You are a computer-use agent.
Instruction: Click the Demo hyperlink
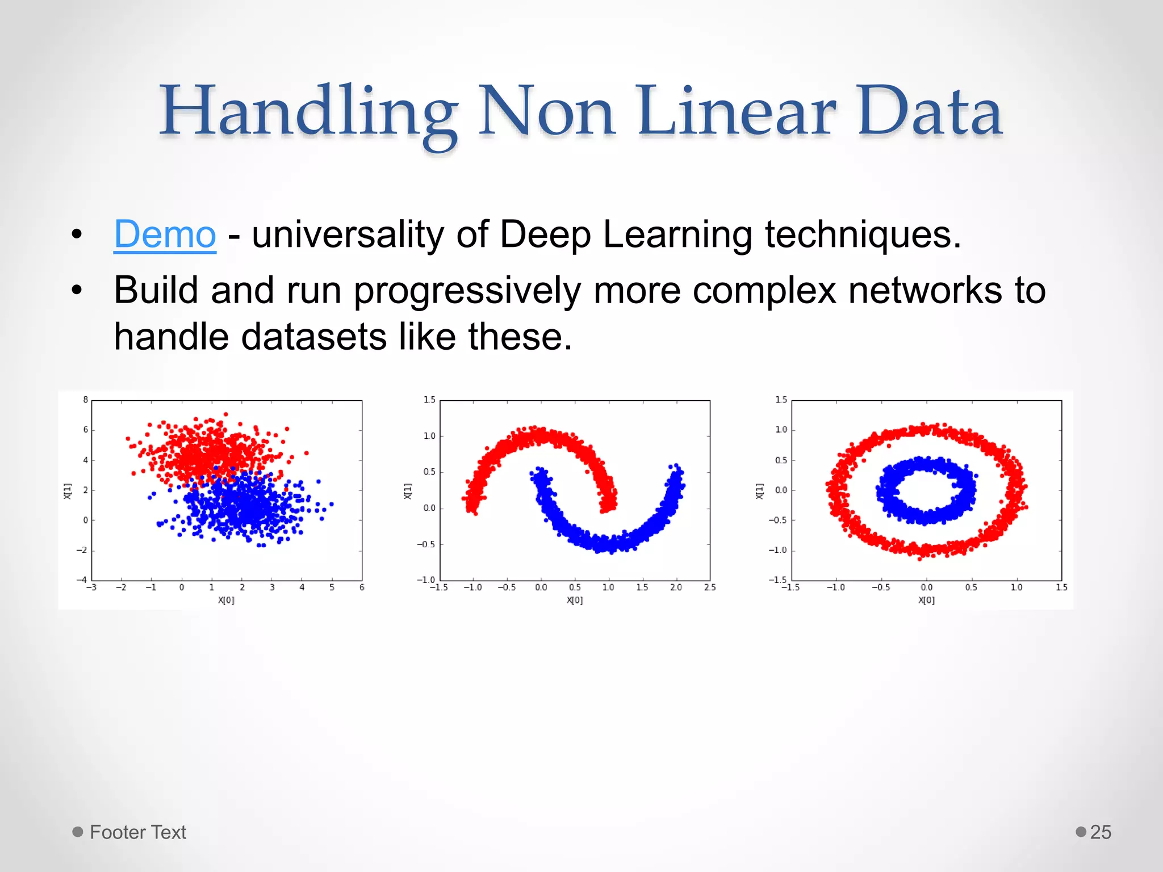tap(165, 234)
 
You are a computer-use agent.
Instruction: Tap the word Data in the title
tap(930, 111)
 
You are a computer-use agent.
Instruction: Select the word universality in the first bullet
tap(348, 234)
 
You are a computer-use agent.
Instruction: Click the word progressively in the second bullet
tap(467, 291)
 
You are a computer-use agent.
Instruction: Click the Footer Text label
tap(137, 832)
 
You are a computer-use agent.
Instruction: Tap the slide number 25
tap(1101, 832)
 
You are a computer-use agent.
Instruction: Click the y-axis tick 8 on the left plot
tap(86, 400)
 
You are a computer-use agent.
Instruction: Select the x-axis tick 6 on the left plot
tap(362, 588)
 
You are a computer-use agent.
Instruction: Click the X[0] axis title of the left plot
tap(226, 600)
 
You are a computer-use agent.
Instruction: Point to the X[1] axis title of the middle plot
tap(407, 491)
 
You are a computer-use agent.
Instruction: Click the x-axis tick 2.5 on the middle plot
tap(710, 588)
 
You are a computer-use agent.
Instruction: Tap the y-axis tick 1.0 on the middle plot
tap(429, 436)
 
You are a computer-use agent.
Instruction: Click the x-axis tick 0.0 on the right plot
tap(926, 588)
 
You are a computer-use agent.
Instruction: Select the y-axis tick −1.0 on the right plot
tap(777, 550)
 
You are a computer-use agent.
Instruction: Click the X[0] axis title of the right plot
tap(926, 600)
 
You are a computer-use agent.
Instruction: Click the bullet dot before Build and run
tap(77, 291)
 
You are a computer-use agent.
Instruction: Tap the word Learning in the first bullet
tap(677, 234)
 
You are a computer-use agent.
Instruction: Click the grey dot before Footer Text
tap(78, 832)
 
